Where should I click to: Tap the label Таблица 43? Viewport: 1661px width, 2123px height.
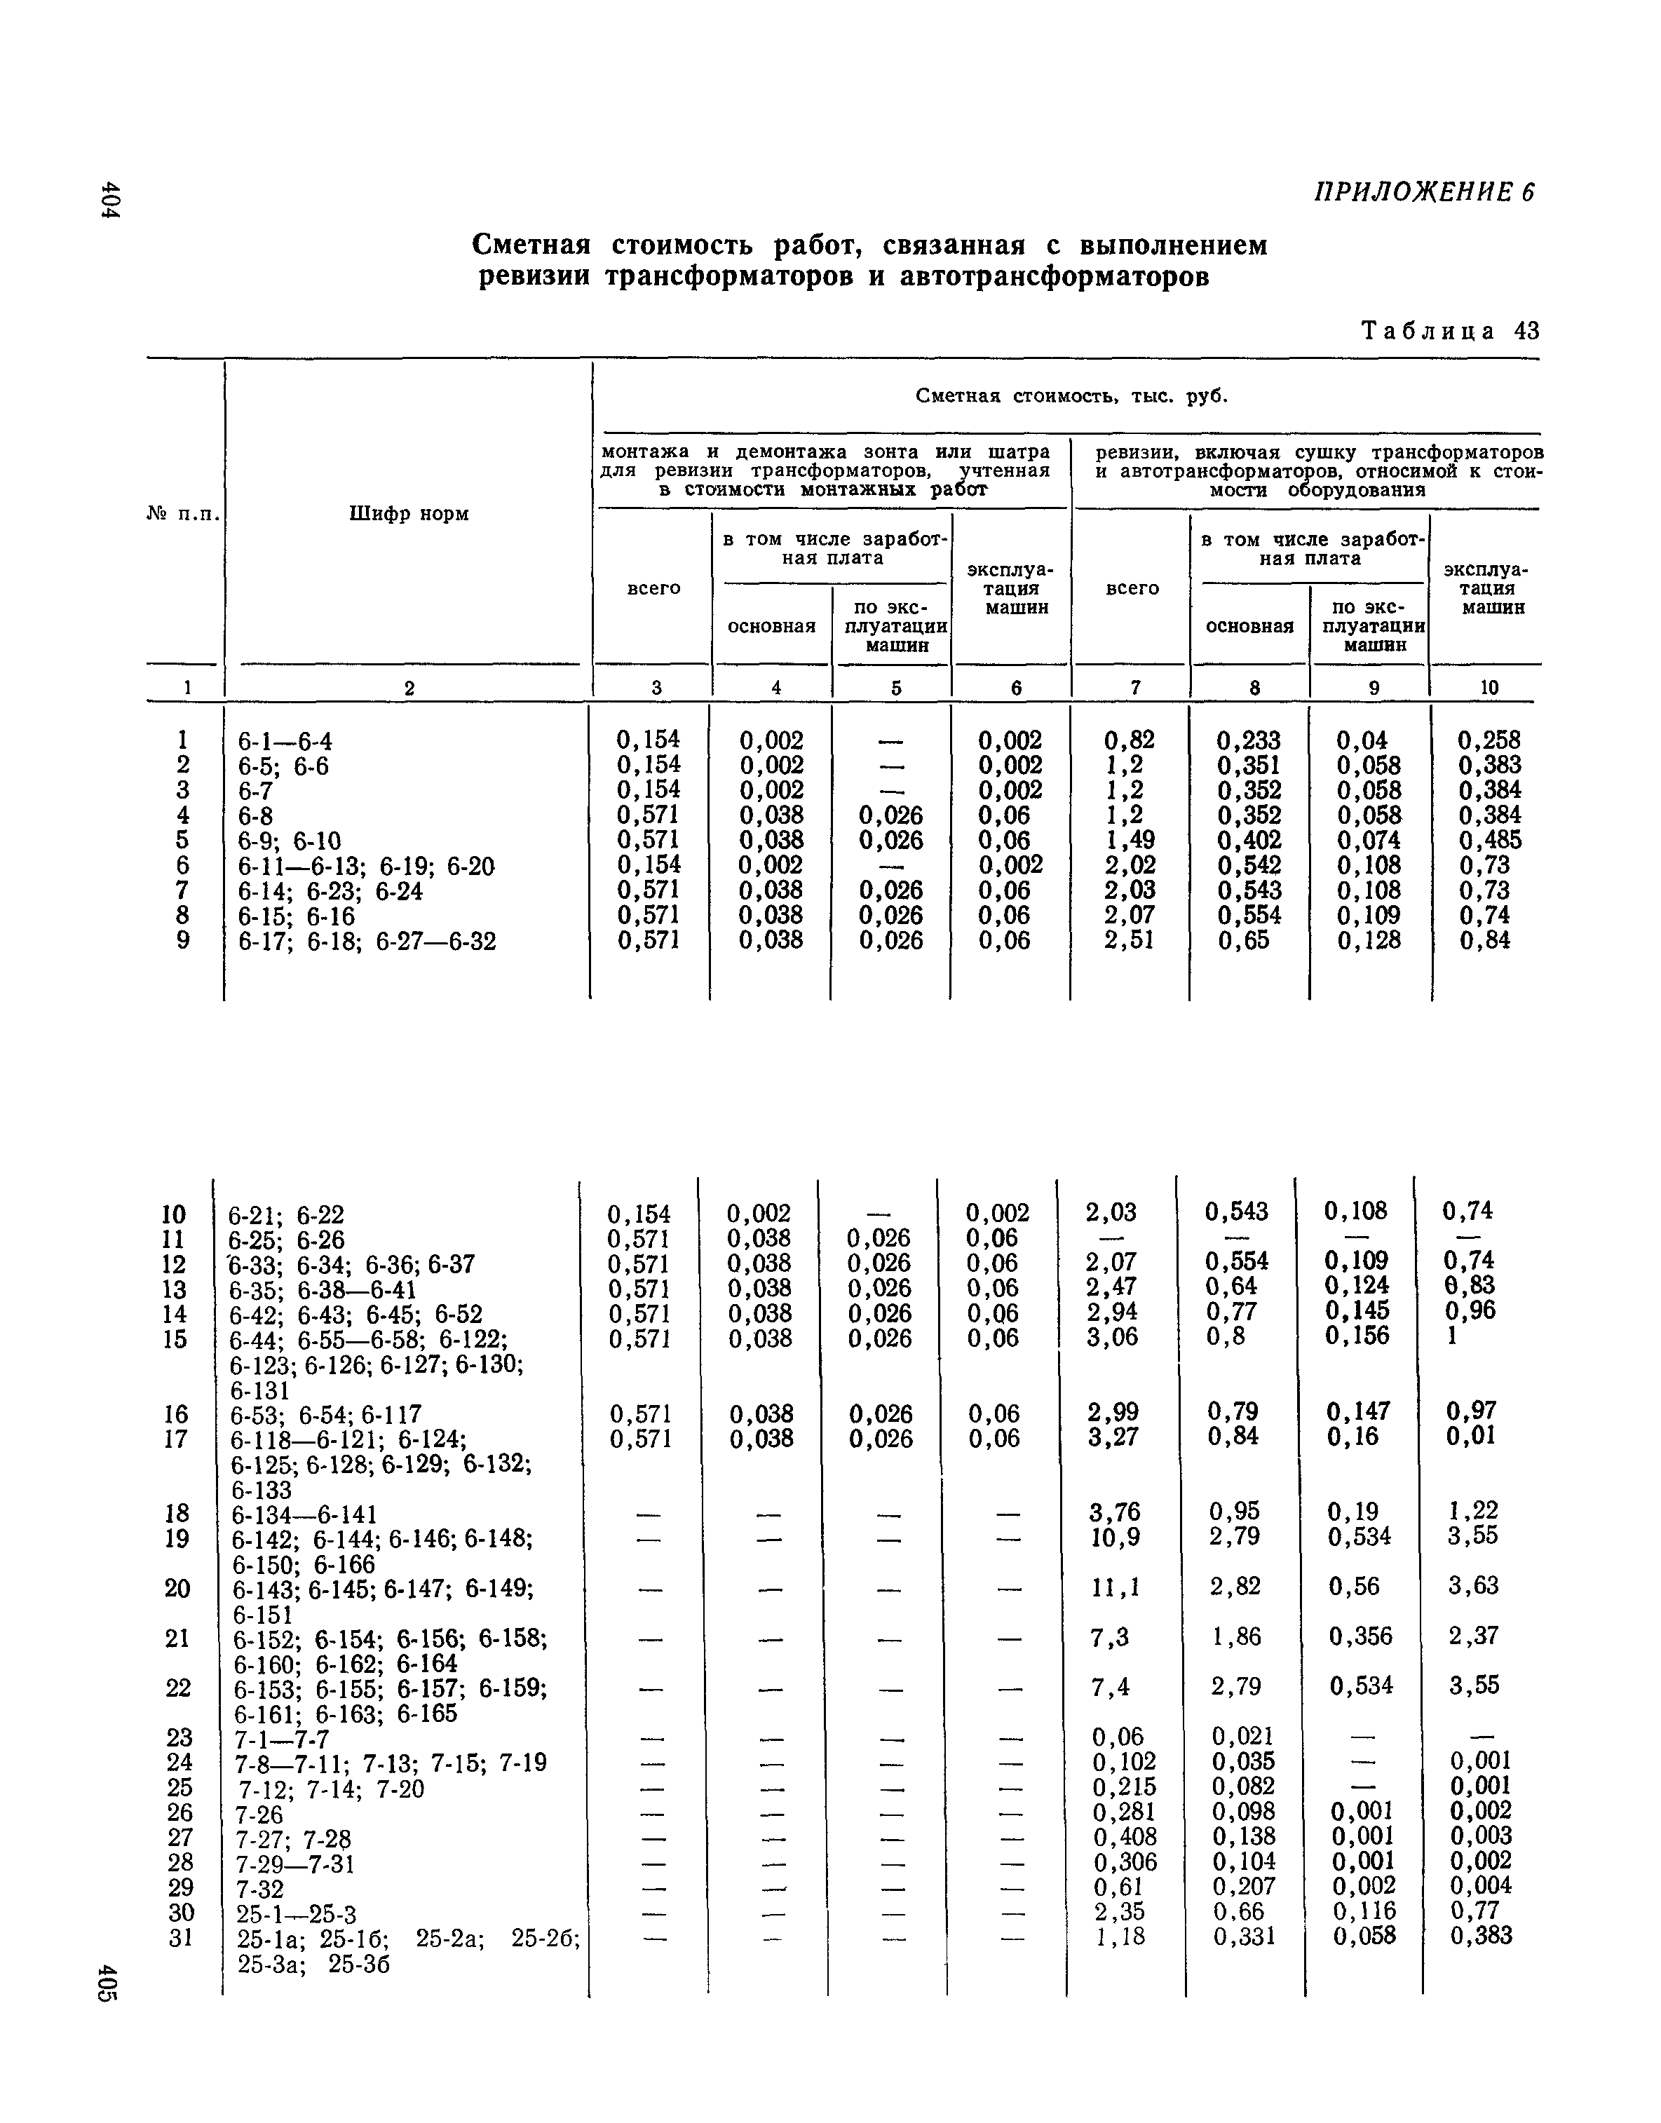(x=1450, y=331)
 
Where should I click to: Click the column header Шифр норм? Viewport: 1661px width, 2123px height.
(x=409, y=513)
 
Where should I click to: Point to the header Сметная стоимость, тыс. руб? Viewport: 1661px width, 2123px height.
(x=1071, y=396)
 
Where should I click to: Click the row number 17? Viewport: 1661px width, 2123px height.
(x=175, y=1438)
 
